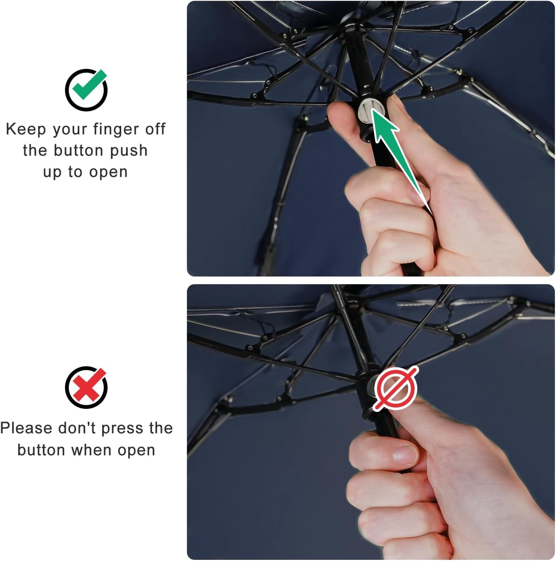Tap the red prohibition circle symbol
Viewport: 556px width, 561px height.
click(396, 388)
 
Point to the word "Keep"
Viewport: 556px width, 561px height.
click(25, 129)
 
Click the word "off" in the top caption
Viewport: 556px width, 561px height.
click(155, 129)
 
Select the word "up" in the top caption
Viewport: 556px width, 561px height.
click(52, 172)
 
